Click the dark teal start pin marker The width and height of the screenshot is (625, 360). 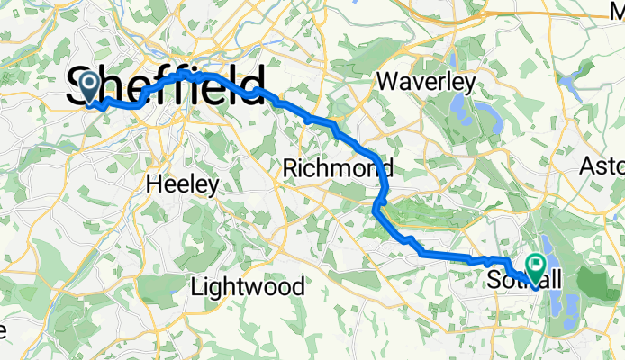(90, 87)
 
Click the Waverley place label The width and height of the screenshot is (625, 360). (426, 81)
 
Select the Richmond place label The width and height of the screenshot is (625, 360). (338, 168)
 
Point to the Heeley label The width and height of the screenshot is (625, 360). (183, 185)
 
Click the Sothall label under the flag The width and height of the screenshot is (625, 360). (523, 281)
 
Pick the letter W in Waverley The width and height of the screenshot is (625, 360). (389, 81)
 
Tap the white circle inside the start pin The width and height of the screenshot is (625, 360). (90, 84)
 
